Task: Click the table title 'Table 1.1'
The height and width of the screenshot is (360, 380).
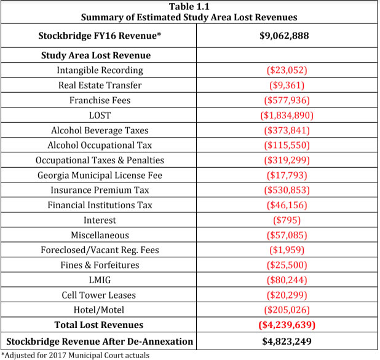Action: [x=190, y=7]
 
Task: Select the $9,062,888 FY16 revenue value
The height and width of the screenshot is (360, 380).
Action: [x=287, y=35]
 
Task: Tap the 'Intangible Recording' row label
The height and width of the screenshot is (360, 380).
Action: [x=100, y=71]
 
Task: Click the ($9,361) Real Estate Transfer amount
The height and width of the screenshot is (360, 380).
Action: [x=287, y=85]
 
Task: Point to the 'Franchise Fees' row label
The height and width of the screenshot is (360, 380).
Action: [x=100, y=100]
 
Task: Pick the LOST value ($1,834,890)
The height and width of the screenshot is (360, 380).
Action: [x=287, y=115]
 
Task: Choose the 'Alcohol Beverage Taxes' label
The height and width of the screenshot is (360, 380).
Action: [x=100, y=130]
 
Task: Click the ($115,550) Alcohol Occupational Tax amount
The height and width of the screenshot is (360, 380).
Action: [x=287, y=145]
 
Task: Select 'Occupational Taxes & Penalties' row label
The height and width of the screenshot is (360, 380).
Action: [x=100, y=160]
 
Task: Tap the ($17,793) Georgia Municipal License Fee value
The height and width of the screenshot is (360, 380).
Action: [x=287, y=175]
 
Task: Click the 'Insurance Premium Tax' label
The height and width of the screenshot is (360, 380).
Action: [x=100, y=190]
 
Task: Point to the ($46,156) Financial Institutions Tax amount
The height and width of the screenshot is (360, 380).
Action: [x=287, y=205]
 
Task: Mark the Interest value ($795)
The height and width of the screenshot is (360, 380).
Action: [x=287, y=220]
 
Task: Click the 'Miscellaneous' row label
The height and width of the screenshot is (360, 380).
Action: [x=100, y=235]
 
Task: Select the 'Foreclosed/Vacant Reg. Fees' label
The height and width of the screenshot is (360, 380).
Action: [x=100, y=250]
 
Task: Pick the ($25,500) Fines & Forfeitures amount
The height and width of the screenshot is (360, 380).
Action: [x=287, y=265]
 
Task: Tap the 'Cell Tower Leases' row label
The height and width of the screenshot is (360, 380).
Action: [x=100, y=295]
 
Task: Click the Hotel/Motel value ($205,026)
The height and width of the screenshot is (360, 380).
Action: [x=287, y=310]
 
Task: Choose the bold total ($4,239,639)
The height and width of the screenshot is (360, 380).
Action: [x=287, y=325]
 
